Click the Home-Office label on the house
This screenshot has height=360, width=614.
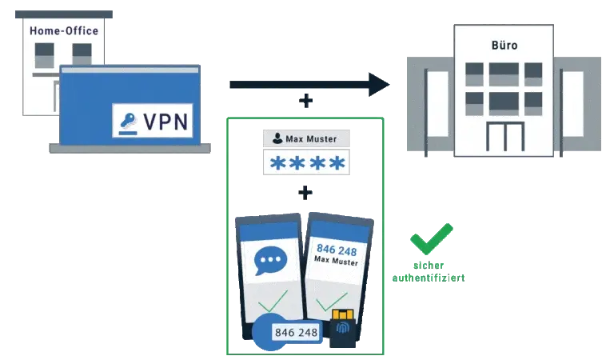coord(64,31)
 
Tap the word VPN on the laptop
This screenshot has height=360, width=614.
coord(165,122)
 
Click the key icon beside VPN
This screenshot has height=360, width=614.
coord(128,122)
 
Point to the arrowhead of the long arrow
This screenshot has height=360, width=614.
coord(377,84)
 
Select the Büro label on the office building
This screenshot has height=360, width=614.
coord(504,46)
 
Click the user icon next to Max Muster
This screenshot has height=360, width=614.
coord(274,138)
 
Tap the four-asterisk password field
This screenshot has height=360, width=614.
coord(307,164)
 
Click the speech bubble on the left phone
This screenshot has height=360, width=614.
coord(271,261)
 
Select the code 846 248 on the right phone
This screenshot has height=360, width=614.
coord(337,250)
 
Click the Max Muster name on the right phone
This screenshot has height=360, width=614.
coord(337,262)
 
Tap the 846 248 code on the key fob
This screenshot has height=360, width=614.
coord(296,331)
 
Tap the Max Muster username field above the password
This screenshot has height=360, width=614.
coord(307,138)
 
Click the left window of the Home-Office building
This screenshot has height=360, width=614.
coord(44,55)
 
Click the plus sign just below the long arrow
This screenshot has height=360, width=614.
coord(304,102)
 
